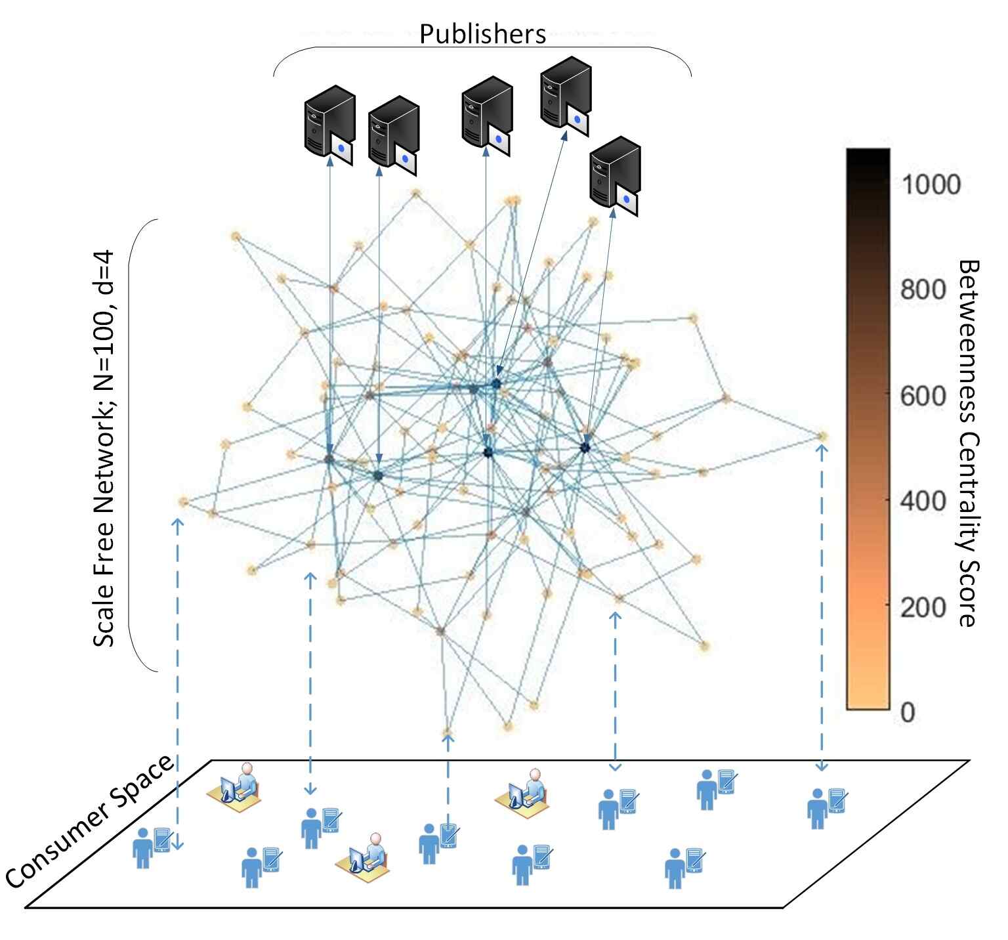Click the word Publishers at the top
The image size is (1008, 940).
pyautogui.click(x=482, y=34)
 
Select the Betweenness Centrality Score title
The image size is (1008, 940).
pyautogui.click(x=969, y=443)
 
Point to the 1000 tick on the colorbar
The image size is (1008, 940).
pyautogui.click(x=931, y=184)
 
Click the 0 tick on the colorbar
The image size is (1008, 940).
pyautogui.click(x=908, y=712)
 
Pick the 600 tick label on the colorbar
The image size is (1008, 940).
pyautogui.click(x=923, y=396)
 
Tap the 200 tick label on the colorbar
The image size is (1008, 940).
pyautogui.click(x=923, y=607)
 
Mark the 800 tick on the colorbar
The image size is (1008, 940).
pyautogui.click(x=923, y=289)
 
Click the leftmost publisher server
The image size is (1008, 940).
pyautogui.click(x=329, y=124)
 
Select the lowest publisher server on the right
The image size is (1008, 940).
pyautogui.click(x=615, y=176)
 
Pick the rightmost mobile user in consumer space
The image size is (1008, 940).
pyautogui.click(x=826, y=807)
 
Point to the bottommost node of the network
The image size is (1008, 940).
pyautogui.click(x=448, y=731)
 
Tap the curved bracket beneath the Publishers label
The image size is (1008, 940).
pyautogui.click(x=482, y=48)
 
